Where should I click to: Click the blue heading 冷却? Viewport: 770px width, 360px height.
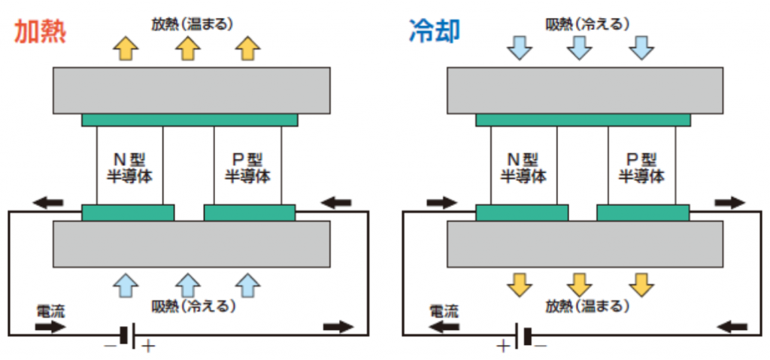click(435, 32)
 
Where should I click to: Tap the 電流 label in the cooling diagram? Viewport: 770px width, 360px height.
click(443, 309)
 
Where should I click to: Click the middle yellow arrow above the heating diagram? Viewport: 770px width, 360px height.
click(188, 48)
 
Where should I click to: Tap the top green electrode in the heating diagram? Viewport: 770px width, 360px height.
click(189, 119)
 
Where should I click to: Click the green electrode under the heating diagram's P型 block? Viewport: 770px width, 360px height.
click(250, 212)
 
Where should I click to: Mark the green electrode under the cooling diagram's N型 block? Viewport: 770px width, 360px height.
click(522, 212)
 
